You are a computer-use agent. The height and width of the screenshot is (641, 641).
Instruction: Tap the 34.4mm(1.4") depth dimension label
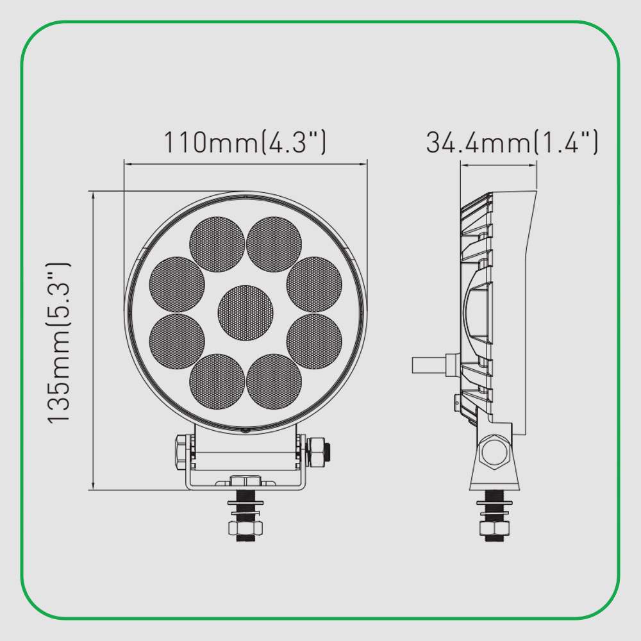[512, 142]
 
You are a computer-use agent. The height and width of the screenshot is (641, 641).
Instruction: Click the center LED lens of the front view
[246, 313]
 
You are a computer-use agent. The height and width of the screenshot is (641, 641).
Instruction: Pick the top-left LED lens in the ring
[217, 244]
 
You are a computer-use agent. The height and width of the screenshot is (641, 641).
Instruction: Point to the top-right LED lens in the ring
[274, 244]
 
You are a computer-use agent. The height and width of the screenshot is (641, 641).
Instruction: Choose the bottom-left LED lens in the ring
[217, 381]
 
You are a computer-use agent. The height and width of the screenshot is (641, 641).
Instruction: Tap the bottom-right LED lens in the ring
[274, 381]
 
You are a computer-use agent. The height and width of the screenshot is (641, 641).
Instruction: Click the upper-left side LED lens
[177, 285]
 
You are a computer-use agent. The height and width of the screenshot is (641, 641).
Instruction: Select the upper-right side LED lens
[314, 285]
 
